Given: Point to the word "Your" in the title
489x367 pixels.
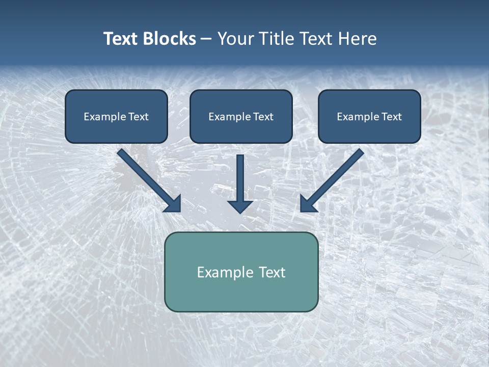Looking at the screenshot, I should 235,39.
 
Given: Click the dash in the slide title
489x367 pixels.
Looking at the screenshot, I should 206,39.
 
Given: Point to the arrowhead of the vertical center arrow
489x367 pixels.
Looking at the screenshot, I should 240,206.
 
